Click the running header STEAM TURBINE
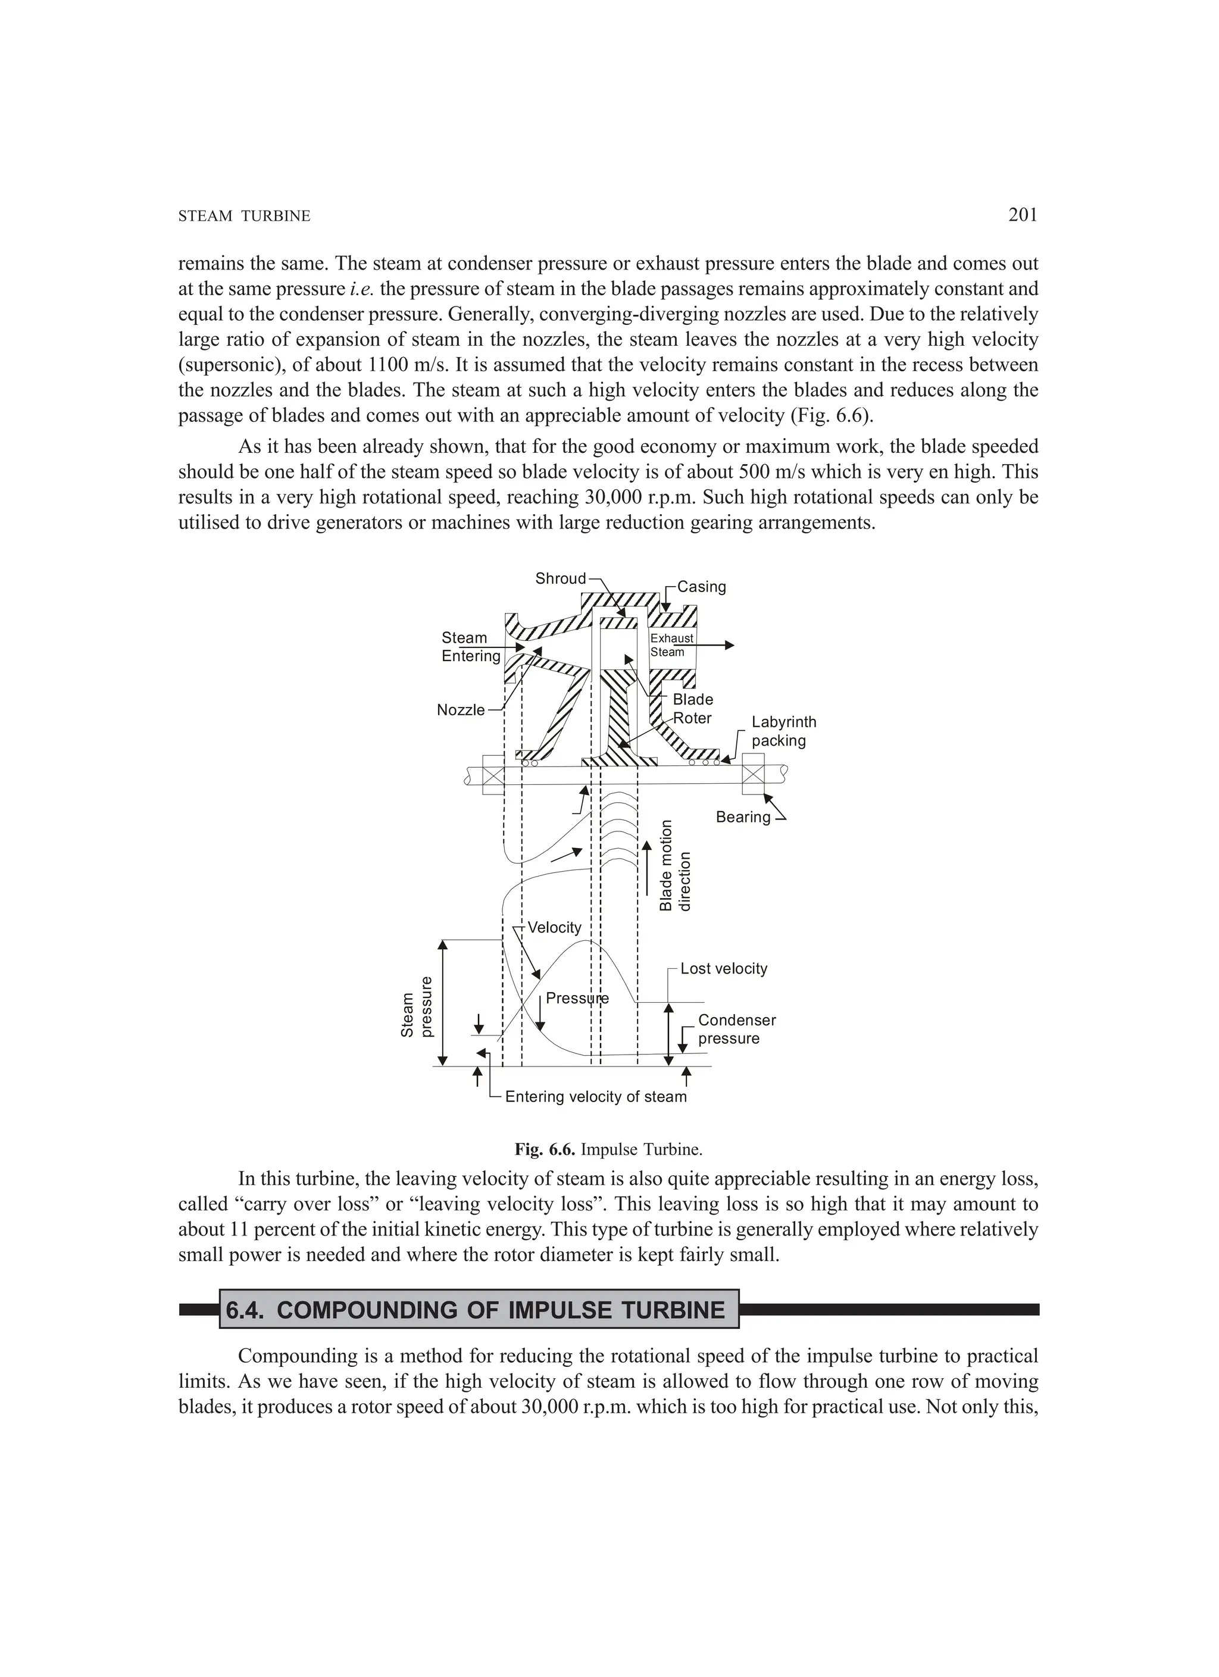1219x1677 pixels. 244,216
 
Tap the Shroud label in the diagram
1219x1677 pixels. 560,578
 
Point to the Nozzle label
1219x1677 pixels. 460,710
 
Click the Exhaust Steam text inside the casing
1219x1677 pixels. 671,644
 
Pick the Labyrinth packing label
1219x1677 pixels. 783,731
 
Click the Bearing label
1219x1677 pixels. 743,816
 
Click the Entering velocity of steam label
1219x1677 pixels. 595,1097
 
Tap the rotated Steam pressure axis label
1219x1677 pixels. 415,1006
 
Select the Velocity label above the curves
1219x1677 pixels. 554,927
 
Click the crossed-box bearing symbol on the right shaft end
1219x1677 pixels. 752,774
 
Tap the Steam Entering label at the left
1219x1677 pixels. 470,646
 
